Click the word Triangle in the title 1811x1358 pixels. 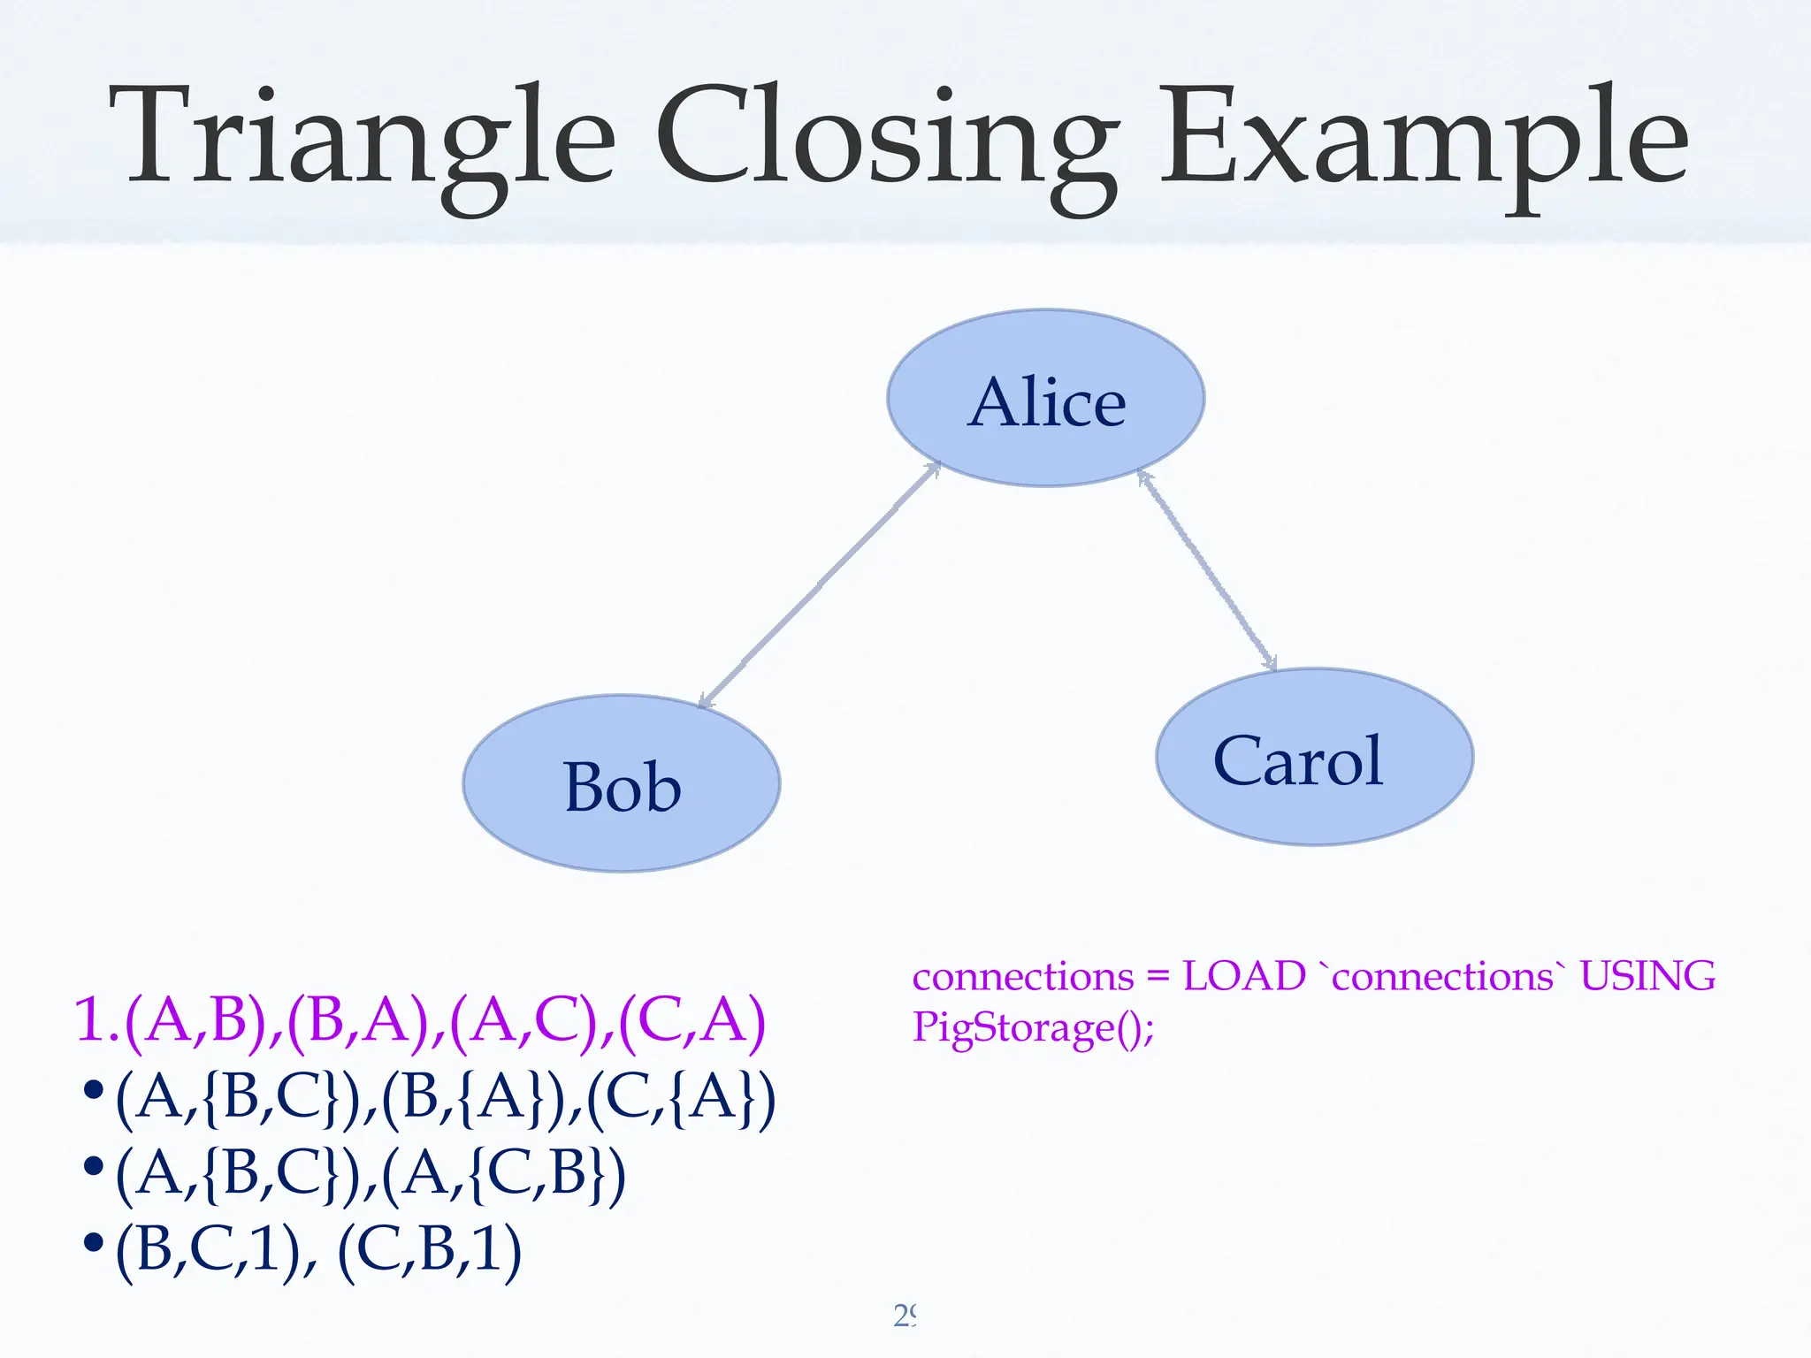363,141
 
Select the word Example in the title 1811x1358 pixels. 1424,141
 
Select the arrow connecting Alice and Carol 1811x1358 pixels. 1208,570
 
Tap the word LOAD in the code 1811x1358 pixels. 1244,977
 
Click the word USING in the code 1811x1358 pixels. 1647,977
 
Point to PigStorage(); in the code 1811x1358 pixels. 1033,1028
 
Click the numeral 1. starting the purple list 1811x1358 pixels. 97,1021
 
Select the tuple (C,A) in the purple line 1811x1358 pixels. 692,1021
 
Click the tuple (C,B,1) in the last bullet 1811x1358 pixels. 430,1249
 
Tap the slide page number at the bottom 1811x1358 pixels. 905,1316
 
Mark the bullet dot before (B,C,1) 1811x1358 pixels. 94,1243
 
